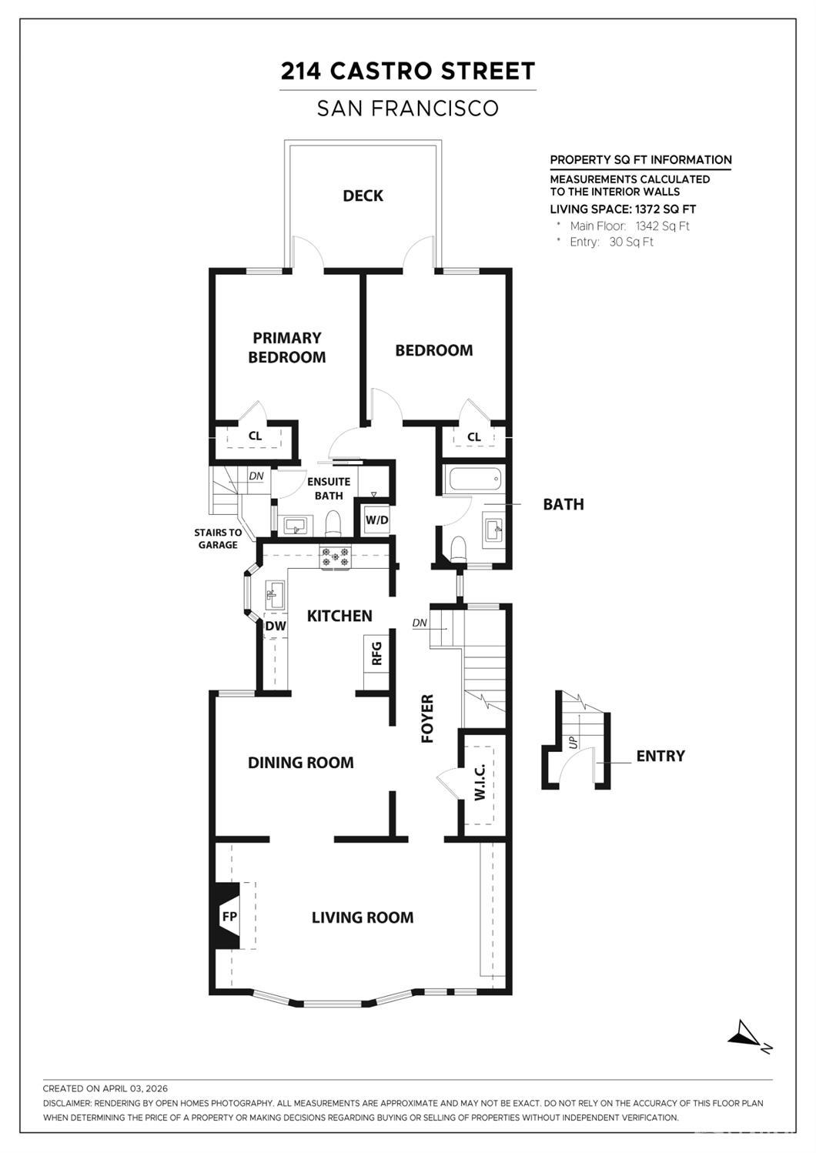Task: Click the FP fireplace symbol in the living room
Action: pyautogui.click(x=228, y=916)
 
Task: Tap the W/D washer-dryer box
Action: pyautogui.click(x=376, y=520)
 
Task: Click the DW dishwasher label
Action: pyautogui.click(x=275, y=626)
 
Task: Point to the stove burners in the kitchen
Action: pyautogui.click(x=335, y=556)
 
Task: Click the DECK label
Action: pyautogui.click(x=363, y=196)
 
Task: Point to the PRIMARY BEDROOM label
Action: pyautogui.click(x=286, y=347)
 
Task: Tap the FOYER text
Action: pyautogui.click(x=427, y=718)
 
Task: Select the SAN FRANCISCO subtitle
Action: pyautogui.click(x=407, y=109)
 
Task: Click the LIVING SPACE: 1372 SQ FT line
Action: pyautogui.click(x=622, y=209)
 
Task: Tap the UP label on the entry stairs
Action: pyautogui.click(x=573, y=742)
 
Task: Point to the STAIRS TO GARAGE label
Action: pyautogui.click(x=217, y=538)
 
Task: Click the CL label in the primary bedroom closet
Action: pyautogui.click(x=255, y=436)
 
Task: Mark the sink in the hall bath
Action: pyautogui.click(x=493, y=529)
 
